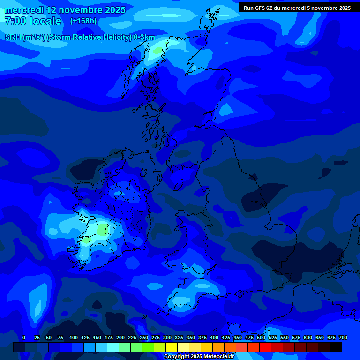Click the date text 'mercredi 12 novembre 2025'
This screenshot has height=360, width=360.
tap(65, 10)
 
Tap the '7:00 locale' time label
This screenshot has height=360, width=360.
tap(33, 21)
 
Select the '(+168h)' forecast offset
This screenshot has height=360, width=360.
tap(83, 21)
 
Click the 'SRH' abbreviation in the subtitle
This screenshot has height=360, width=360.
tap(13, 37)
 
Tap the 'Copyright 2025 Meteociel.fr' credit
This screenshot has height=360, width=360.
tap(199, 357)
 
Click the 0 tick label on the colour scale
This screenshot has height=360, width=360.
tap(24, 337)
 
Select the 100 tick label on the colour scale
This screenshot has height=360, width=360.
tap(74, 337)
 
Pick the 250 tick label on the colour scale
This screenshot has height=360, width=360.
tap(144, 337)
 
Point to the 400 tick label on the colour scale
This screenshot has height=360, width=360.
tap(214, 337)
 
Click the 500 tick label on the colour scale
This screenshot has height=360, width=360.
tap(261, 337)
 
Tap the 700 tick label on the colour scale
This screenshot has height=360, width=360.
tap(343, 337)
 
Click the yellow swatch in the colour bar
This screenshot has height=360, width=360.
tap(172, 347)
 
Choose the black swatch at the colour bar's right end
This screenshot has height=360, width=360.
tap(336, 347)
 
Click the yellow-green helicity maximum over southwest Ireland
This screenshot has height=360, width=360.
tap(103, 230)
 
